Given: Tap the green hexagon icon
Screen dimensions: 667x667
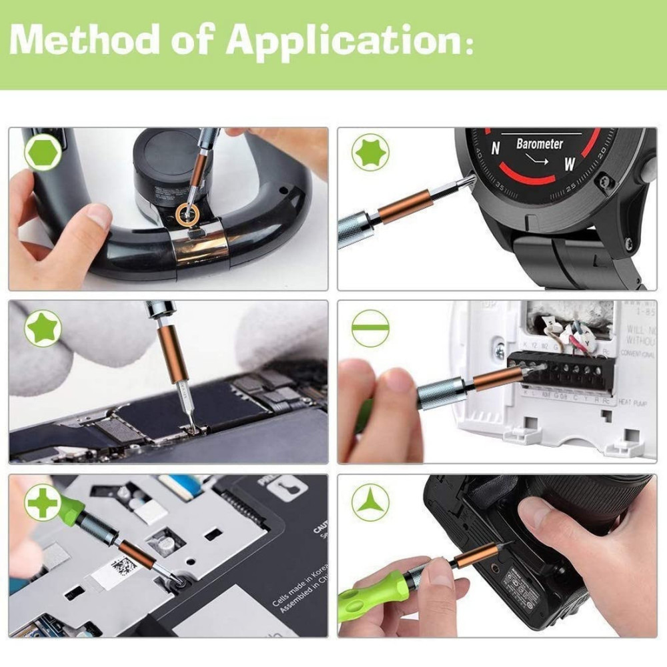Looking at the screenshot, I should click(43, 153).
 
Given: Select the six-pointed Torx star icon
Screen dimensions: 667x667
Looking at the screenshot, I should click(372, 153).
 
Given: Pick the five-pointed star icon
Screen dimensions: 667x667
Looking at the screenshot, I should click(43, 328).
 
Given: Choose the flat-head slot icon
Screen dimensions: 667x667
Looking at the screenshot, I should click(370, 328).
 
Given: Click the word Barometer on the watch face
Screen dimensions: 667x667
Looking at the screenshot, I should click(539, 143).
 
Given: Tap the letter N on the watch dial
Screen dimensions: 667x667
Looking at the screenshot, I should click(495, 150).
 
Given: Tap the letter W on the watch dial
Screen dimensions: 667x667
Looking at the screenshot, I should click(570, 163).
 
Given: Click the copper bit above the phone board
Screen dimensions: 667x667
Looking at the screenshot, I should click(173, 350).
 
